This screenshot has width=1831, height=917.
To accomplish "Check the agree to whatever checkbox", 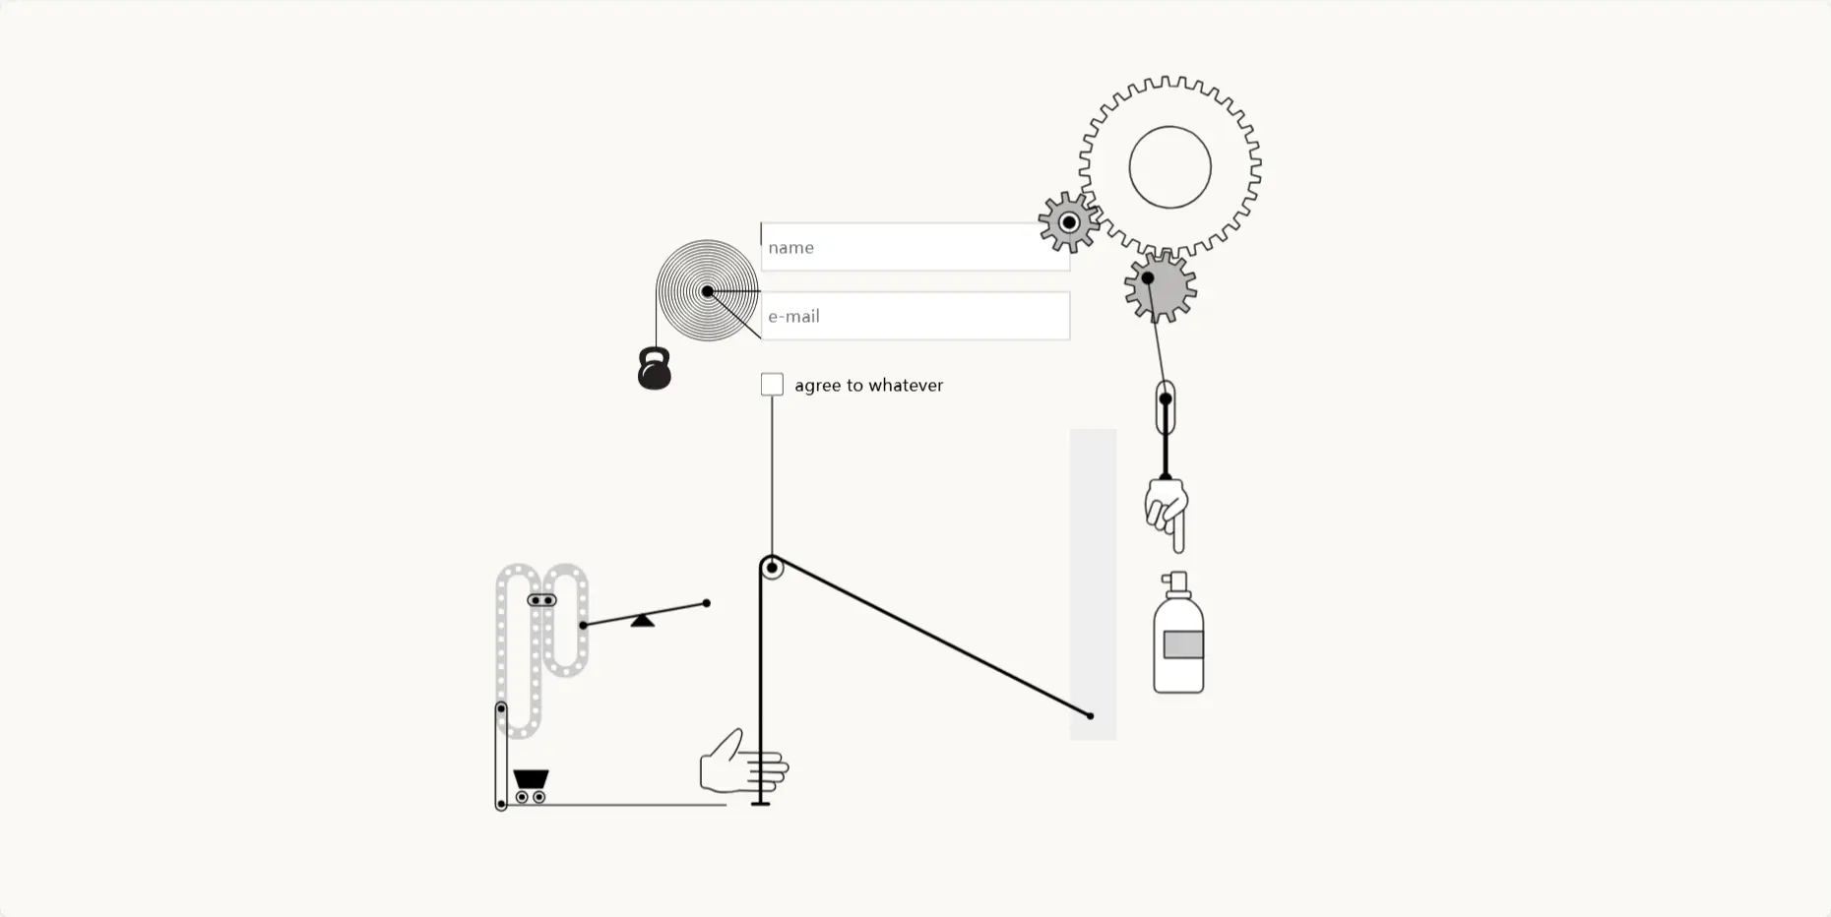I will coord(772,385).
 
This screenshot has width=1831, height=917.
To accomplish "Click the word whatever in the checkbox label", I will coord(905,386).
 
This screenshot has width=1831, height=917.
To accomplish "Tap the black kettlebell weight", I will coord(655,370).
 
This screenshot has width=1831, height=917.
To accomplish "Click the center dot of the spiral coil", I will coord(707,291).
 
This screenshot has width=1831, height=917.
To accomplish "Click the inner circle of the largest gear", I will coord(1169,167).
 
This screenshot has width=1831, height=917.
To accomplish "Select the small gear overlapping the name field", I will coord(1068,222).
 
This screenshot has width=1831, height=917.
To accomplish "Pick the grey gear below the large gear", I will coord(1161,287).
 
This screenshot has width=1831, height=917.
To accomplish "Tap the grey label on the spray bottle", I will coord(1182,644).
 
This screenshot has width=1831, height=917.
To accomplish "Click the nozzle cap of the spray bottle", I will coord(1175,583).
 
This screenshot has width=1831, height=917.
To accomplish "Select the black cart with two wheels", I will coord(531,784).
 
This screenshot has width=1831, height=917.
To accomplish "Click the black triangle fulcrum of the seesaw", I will coord(642,620).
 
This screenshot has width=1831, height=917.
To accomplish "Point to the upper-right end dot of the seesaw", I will coord(706,603).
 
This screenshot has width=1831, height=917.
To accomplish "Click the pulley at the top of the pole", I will coord(772,568).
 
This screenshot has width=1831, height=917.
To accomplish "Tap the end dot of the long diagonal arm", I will coord(1090,715).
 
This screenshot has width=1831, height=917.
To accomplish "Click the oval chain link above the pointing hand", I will coord(1166,406).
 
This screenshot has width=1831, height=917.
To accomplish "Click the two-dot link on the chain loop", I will coord(541,600).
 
